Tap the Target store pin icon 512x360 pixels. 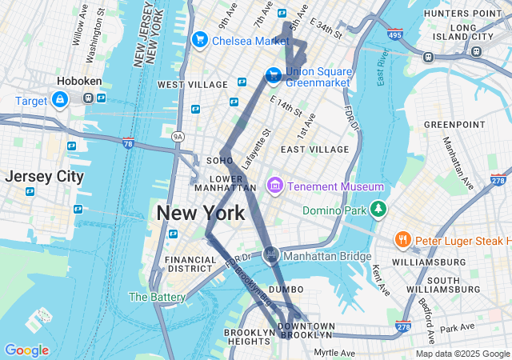click(59, 99)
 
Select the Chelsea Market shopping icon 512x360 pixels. click(199, 39)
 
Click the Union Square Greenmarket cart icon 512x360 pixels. click(274, 74)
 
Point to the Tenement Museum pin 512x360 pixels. click(275, 186)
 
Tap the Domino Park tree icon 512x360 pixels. click(378, 210)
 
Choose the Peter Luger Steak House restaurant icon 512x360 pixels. click(402, 240)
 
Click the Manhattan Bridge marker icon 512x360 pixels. click(271, 255)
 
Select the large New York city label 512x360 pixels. click(200, 214)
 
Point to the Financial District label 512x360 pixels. click(190, 264)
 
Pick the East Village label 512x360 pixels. click(314, 150)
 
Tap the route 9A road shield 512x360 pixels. click(178, 137)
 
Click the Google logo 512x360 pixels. click(26, 350)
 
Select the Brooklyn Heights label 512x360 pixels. click(249, 337)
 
